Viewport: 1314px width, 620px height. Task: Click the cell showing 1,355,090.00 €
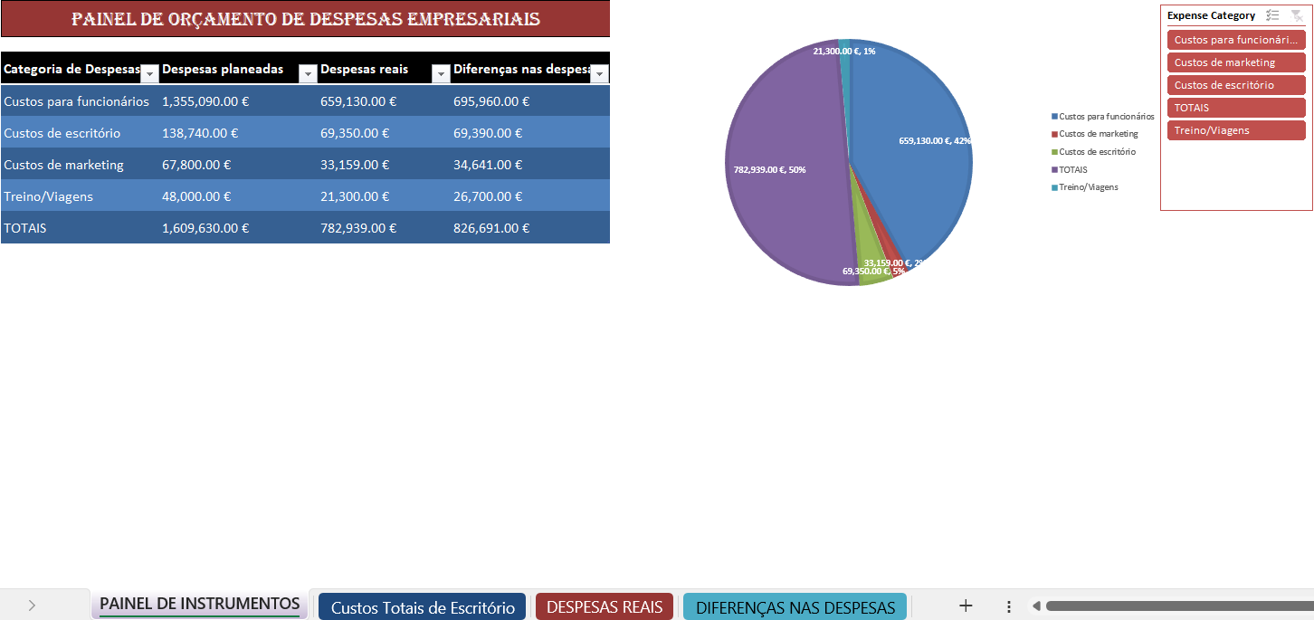[205, 101]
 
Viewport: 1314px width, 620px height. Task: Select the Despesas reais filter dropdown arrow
[441, 74]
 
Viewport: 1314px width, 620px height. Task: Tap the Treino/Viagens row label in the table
[48, 196]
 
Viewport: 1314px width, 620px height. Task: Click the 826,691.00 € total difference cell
[491, 228]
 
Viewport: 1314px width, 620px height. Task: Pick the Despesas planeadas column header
[223, 70]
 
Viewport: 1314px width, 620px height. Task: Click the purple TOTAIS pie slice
[787, 181]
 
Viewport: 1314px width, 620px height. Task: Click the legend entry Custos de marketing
[1098, 134]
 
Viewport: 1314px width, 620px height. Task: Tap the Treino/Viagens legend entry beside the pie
[1088, 187]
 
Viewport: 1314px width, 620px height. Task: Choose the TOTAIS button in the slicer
[1236, 108]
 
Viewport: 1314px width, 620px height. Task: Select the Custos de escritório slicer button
[1236, 85]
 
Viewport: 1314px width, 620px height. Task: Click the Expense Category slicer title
[1211, 15]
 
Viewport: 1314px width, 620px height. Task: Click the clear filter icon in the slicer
[1297, 15]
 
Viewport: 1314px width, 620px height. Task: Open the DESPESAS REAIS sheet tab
[605, 607]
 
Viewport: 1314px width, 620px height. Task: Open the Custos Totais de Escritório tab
[423, 607]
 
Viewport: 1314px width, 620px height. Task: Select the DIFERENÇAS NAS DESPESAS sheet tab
[795, 607]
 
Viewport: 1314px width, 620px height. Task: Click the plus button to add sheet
[966, 606]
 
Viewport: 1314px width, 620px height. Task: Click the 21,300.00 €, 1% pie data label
[843, 52]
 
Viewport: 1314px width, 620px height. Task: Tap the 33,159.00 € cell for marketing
[355, 165]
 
